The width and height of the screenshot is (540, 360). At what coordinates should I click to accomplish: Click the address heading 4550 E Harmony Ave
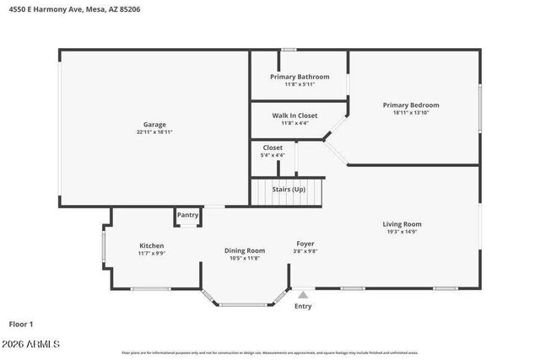click(64, 10)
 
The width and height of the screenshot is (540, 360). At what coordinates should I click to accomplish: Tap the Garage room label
click(154, 125)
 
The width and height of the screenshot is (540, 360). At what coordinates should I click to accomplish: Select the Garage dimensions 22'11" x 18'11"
click(154, 132)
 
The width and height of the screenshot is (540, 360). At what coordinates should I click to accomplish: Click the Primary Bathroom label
click(300, 77)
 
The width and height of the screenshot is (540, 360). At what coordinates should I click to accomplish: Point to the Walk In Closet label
click(294, 116)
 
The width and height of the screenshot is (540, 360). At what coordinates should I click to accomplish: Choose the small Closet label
click(273, 148)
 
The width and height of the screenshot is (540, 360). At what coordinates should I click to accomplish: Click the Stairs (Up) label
click(289, 190)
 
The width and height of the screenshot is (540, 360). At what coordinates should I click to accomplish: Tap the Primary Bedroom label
click(411, 105)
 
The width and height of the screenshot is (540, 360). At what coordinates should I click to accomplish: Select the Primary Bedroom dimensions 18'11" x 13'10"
click(411, 113)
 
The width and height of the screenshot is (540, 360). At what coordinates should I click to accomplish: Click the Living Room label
click(402, 224)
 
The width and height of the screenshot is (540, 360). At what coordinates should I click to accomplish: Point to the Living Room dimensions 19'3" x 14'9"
click(402, 232)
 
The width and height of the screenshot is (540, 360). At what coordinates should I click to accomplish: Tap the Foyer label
click(305, 244)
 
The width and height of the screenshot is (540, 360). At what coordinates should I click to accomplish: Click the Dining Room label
click(245, 250)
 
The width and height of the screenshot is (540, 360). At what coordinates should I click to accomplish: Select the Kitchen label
click(151, 245)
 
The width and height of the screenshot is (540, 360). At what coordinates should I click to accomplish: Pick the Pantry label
click(187, 215)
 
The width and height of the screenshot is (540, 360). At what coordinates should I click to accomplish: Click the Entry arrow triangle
click(303, 294)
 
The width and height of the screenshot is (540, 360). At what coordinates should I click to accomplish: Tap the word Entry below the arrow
click(303, 306)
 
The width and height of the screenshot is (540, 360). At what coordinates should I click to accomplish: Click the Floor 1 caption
click(20, 324)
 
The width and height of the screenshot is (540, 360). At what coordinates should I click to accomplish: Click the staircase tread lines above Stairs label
click(289, 180)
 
